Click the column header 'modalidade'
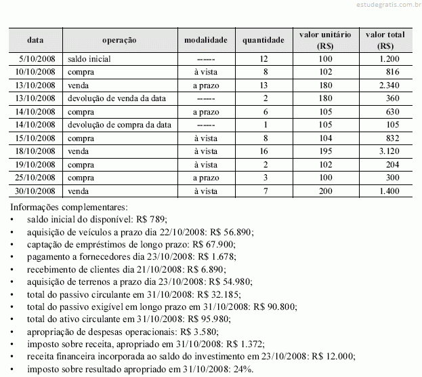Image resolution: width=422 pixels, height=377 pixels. click(x=205, y=40)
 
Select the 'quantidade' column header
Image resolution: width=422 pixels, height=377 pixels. click(x=263, y=40)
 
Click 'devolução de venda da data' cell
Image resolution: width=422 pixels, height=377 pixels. click(x=117, y=98)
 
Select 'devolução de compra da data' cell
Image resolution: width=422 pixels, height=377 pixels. click(x=119, y=125)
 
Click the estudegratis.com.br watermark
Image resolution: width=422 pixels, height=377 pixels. click(x=384, y=5)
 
